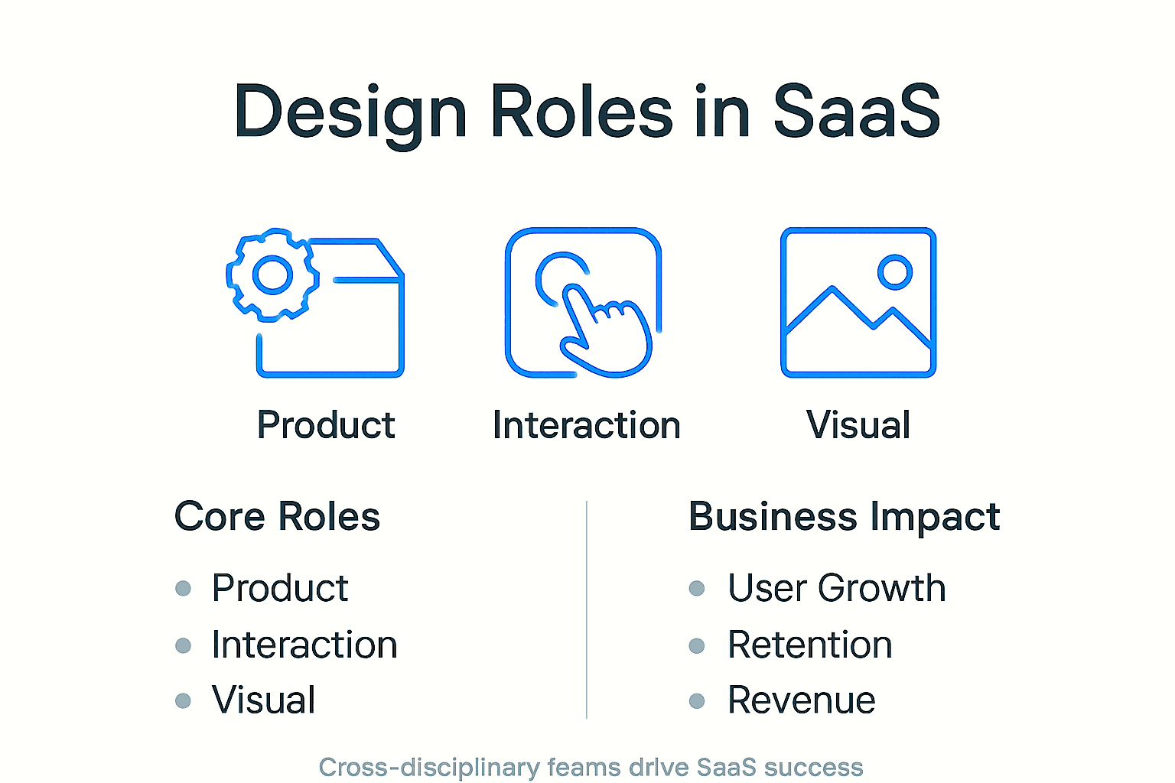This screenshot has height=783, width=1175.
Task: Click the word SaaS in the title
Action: coord(856,112)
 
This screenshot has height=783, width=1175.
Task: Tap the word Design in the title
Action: coord(350,112)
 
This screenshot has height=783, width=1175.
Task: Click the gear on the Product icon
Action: coord(272,275)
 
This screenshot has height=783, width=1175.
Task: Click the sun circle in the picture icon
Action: coord(894,271)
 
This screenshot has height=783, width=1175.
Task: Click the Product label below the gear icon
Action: coord(326,425)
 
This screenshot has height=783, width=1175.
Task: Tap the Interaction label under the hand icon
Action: coord(586,425)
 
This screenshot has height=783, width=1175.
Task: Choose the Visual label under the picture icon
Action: coord(858,425)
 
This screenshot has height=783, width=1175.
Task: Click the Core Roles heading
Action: coord(277,517)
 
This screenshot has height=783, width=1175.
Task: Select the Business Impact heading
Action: coord(844,517)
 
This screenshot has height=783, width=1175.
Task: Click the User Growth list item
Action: coord(836,588)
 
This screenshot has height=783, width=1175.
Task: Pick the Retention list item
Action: coord(809,645)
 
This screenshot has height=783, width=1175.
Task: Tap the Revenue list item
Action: coord(801,700)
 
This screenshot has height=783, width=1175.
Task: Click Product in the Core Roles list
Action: coord(280,588)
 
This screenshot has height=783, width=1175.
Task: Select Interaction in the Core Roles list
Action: coord(304,645)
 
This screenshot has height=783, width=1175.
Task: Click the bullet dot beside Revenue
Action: coord(696,700)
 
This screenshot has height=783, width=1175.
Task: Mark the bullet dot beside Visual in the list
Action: coord(183,700)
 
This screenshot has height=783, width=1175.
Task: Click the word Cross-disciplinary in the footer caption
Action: coord(429,767)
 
